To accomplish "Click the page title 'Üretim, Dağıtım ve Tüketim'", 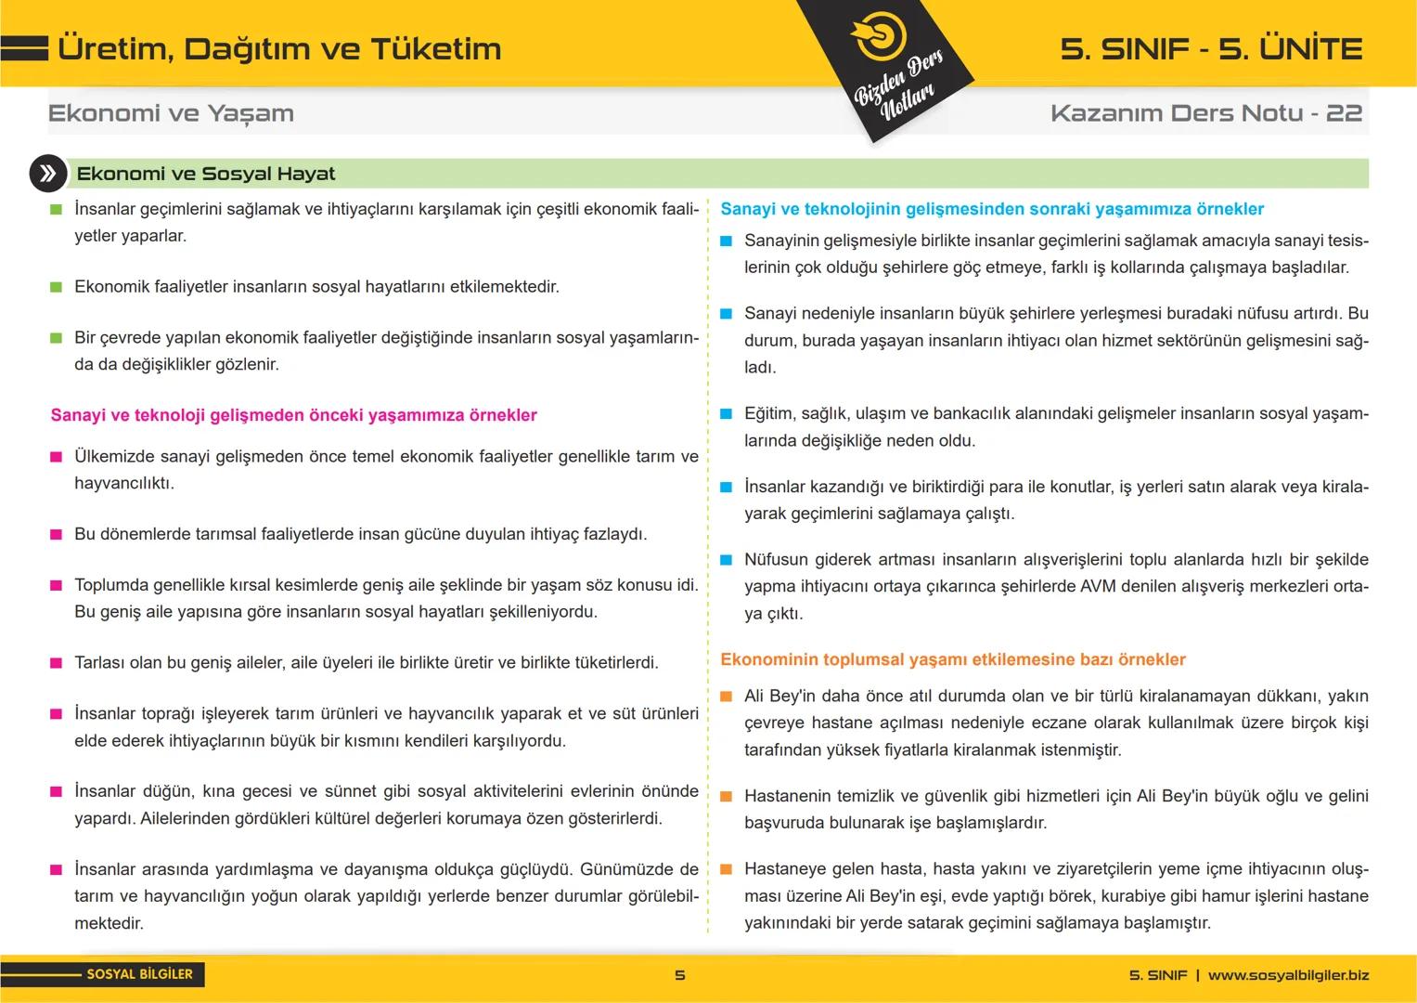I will (278, 49).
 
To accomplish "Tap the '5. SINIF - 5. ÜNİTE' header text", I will (1211, 49).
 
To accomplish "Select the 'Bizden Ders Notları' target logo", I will (877, 35).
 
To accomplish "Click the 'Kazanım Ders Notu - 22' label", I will (1205, 113).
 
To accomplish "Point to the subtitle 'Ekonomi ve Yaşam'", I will (171, 113).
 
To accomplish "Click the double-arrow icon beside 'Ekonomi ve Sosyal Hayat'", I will (47, 174).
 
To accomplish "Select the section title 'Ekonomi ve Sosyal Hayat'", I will (206, 174).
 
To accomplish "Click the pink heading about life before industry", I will (293, 415).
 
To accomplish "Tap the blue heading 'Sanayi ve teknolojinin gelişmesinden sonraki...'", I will (992, 209).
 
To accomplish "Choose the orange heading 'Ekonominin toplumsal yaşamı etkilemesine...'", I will (953, 659).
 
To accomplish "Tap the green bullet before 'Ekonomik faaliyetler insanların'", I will (56, 287).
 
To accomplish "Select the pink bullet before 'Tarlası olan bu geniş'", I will (56, 663).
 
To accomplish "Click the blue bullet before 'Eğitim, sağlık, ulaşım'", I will (726, 414).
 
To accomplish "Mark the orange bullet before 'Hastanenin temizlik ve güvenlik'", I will (726, 797).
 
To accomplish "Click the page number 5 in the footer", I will (680, 975).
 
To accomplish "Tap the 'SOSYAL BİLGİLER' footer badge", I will (139, 974).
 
